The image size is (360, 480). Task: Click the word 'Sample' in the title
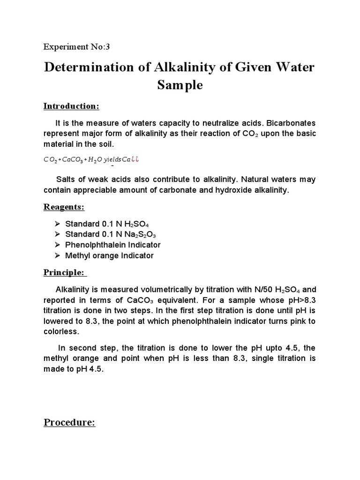tap(180, 86)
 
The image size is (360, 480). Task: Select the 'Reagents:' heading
tap(64, 207)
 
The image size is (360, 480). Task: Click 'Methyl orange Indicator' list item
tap(109, 255)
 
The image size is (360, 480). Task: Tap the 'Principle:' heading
tap(64, 272)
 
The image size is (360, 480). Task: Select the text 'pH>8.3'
tap(300, 300)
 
